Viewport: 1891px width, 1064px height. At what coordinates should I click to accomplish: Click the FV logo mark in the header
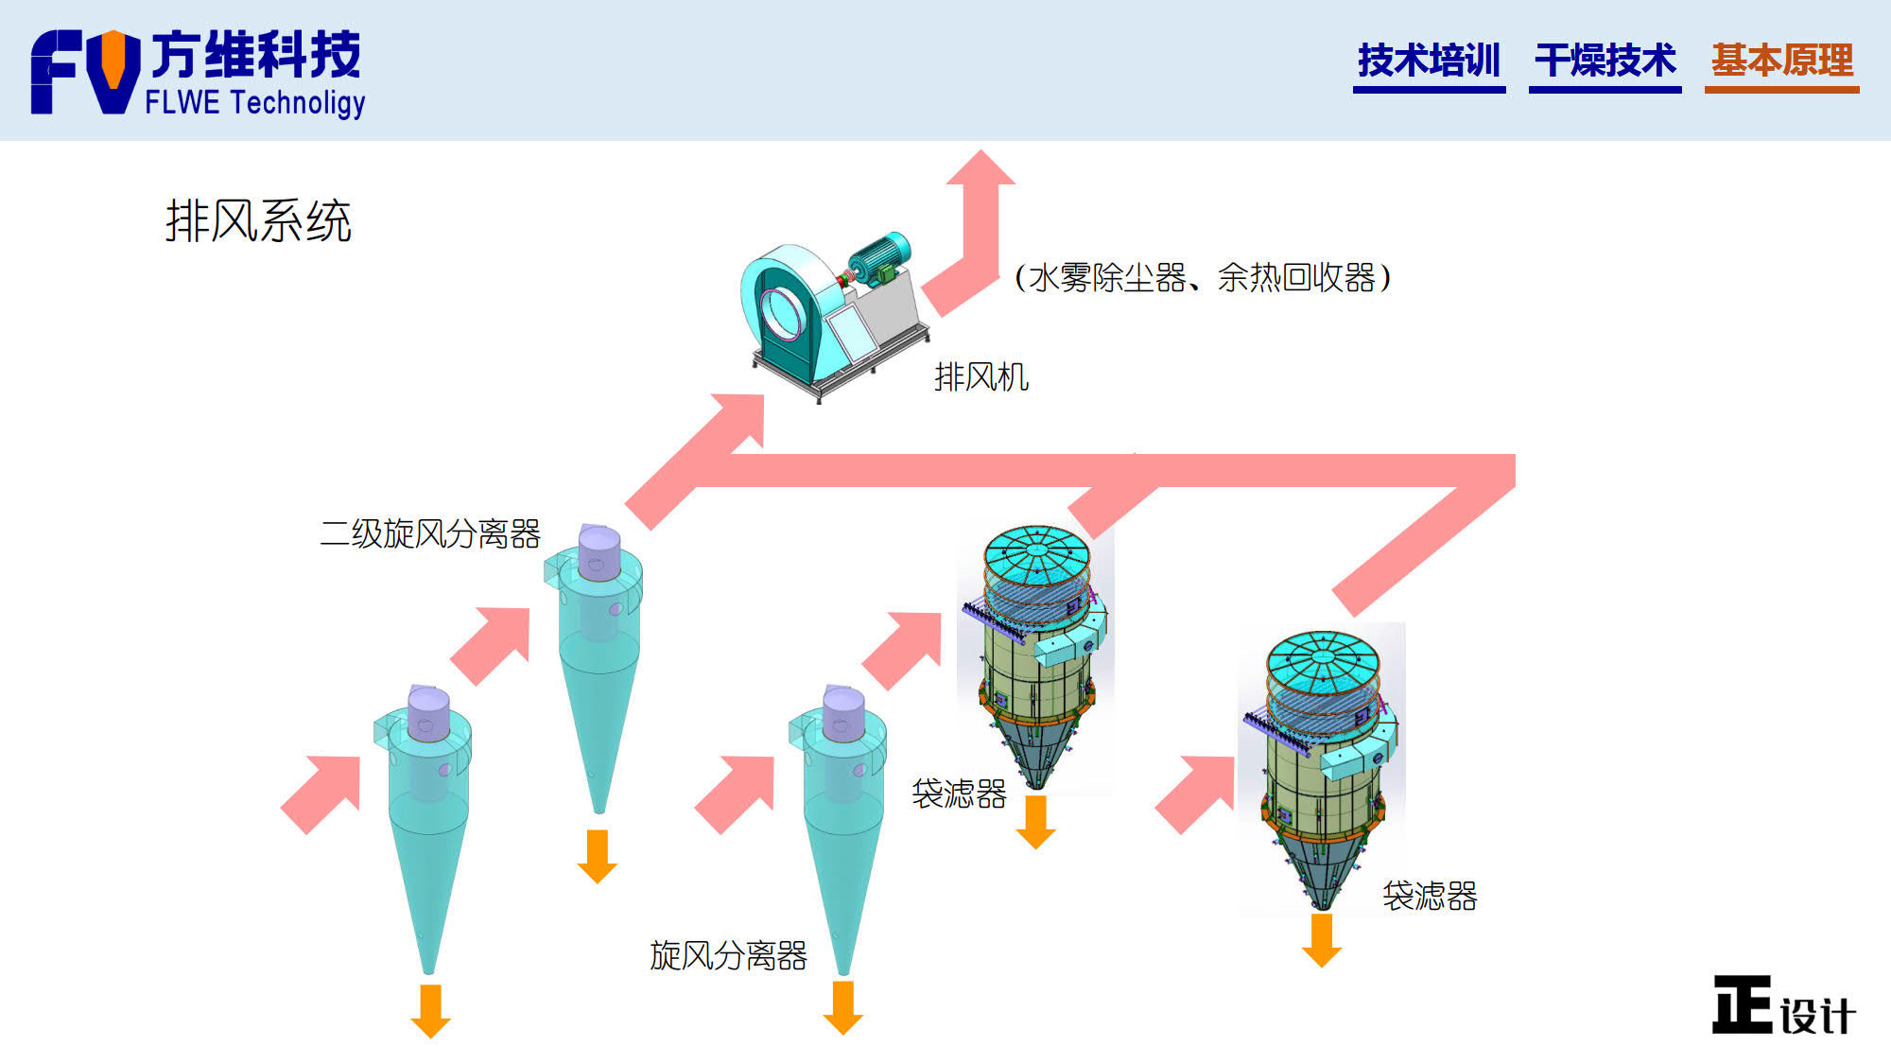click(85, 72)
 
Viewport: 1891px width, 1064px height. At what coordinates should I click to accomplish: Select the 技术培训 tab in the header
click(1429, 61)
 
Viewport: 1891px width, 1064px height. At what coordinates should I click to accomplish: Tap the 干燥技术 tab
click(1605, 61)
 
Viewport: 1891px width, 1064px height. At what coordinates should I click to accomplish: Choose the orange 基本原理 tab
click(1781, 61)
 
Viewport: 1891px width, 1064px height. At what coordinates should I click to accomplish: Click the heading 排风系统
click(258, 221)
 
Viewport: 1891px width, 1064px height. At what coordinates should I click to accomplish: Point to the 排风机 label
click(980, 377)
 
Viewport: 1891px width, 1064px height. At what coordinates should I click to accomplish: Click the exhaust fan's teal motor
click(879, 253)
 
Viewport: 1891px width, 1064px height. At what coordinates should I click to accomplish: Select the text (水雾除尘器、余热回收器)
click(1202, 278)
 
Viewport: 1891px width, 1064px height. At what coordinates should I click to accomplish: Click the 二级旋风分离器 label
click(430, 534)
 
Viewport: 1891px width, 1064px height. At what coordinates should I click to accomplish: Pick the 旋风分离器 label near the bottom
click(728, 955)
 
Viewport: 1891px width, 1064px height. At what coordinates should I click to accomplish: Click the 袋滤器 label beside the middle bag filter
click(959, 794)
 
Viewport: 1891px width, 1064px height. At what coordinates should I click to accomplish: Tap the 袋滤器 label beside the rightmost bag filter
click(1430, 896)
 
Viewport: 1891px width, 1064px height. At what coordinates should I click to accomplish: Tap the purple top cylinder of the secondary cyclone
click(599, 551)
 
